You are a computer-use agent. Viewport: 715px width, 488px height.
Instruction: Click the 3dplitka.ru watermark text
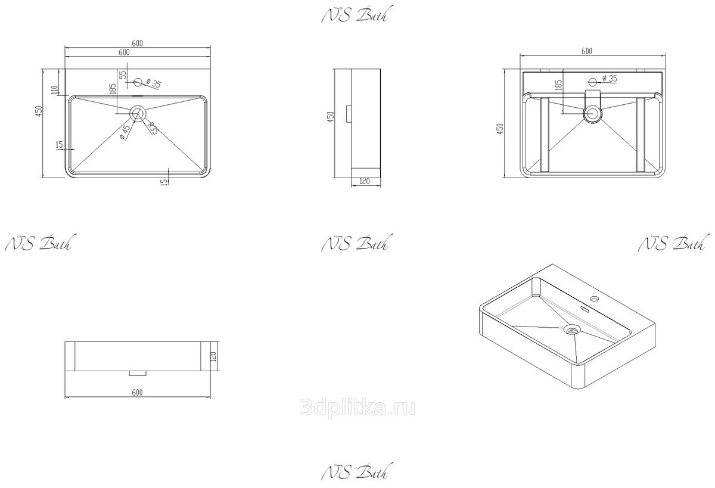[x=357, y=408]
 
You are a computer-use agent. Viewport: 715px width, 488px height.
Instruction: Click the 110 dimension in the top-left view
[x=54, y=90]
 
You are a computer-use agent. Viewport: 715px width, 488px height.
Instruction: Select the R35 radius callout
[x=153, y=128]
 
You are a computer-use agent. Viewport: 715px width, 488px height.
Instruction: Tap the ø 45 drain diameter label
[x=125, y=132]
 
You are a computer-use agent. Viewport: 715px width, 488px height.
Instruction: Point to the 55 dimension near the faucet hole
[x=123, y=74]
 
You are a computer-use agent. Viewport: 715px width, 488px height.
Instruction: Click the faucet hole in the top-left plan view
[x=138, y=82]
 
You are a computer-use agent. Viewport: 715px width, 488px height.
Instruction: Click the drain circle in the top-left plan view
[x=138, y=113]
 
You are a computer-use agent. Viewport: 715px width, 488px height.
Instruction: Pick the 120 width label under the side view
[x=364, y=181]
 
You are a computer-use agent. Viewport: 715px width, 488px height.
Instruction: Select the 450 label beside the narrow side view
[x=331, y=117]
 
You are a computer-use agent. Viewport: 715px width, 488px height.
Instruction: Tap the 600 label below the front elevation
[x=137, y=392]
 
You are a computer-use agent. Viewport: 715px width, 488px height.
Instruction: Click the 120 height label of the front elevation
[x=214, y=356]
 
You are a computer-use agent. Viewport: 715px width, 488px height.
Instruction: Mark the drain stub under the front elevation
[x=138, y=373]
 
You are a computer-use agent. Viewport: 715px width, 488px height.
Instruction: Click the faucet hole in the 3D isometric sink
[x=595, y=299]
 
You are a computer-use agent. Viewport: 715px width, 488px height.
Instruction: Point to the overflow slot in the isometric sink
[x=585, y=309]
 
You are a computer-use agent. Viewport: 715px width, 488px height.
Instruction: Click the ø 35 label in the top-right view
[x=610, y=79]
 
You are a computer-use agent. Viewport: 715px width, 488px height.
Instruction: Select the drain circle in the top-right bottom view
[x=593, y=114]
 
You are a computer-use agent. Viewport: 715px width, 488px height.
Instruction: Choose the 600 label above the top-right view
[x=587, y=51]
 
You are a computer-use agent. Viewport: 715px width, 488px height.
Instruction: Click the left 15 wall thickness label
[x=60, y=145]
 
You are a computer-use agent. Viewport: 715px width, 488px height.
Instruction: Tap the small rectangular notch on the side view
[x=349, y=114]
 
